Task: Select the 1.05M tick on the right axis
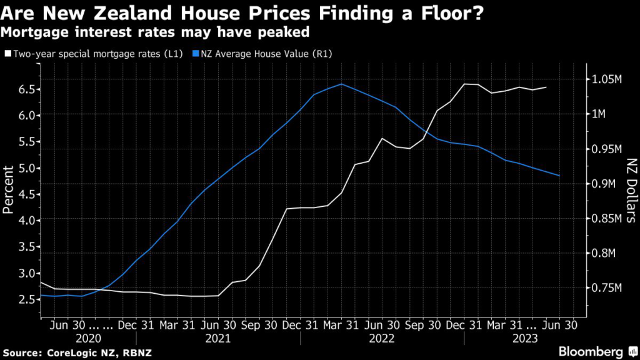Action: click(x=607, y=79)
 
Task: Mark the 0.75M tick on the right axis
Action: click(x=607, y=288)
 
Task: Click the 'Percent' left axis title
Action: click(x=9, y=189)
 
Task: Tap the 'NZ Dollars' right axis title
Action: click(x=630, y=191)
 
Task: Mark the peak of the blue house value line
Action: click(x=341, y=84)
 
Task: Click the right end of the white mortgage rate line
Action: click(x=547, y=87)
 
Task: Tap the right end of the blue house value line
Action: click(x=559, y=176)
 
